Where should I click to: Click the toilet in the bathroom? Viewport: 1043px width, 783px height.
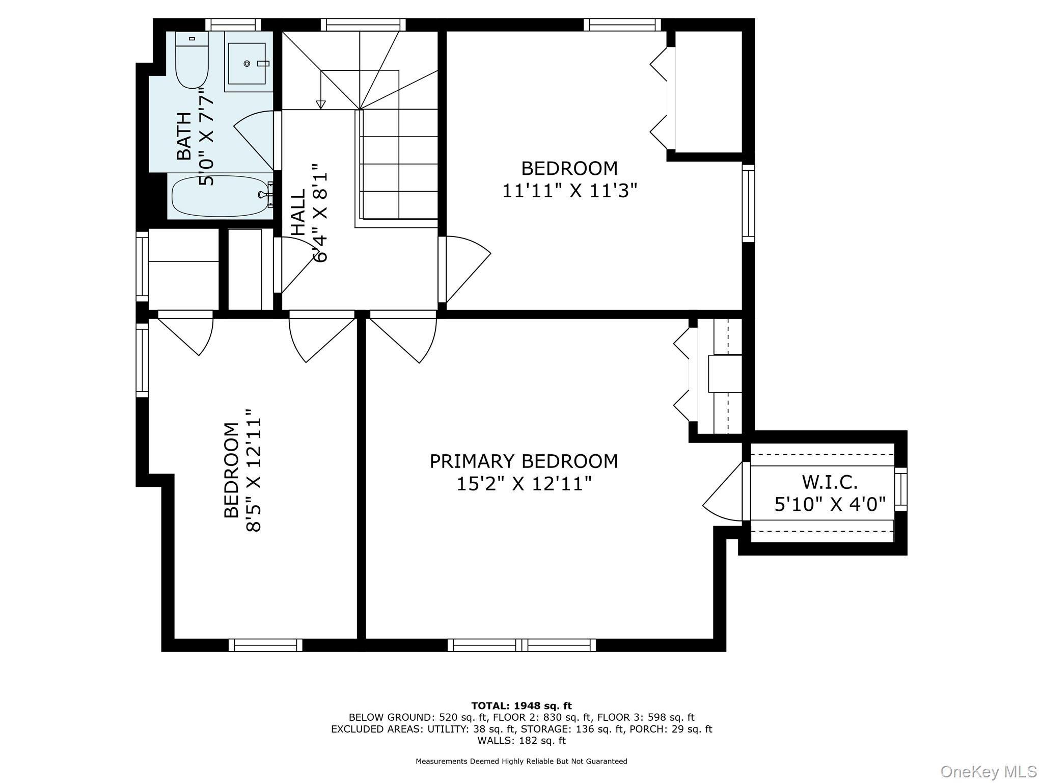pos(191,60)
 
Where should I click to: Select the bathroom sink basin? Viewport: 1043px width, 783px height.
pos(247,63)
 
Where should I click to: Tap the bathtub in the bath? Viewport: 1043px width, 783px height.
pos(220,196)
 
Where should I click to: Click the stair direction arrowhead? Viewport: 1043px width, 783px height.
pos(320,105)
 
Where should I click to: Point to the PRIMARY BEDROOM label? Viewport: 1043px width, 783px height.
pos(524,461)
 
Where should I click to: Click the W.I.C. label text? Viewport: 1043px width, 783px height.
pos(830,482)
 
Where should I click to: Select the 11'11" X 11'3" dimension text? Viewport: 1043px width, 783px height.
pos(569,191)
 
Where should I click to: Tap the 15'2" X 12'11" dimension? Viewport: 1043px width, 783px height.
pos(524,484)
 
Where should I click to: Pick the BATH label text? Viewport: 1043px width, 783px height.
pos(184,136)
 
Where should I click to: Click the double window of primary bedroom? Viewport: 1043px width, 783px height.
pos(522,645)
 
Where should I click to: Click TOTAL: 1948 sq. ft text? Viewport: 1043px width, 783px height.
pos(521,706)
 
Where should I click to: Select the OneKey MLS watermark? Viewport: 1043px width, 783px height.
pos(988,771)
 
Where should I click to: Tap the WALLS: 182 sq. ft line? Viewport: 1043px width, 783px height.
pos(521,741)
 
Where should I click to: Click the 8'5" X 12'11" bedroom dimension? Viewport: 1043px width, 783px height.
pos(254,470)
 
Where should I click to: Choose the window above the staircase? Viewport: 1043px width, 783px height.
pos(363,24)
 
